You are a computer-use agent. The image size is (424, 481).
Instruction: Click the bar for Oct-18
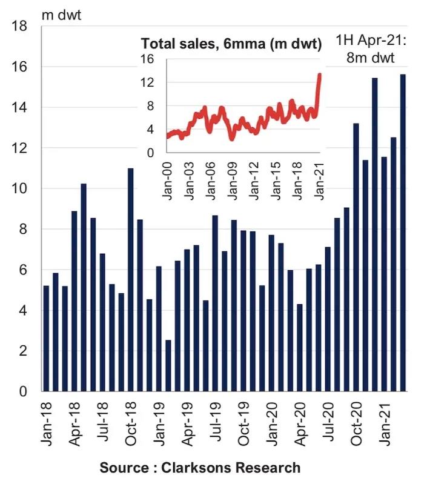[x=130, y=279]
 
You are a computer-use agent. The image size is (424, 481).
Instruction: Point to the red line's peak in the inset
[x=320, y=75]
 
